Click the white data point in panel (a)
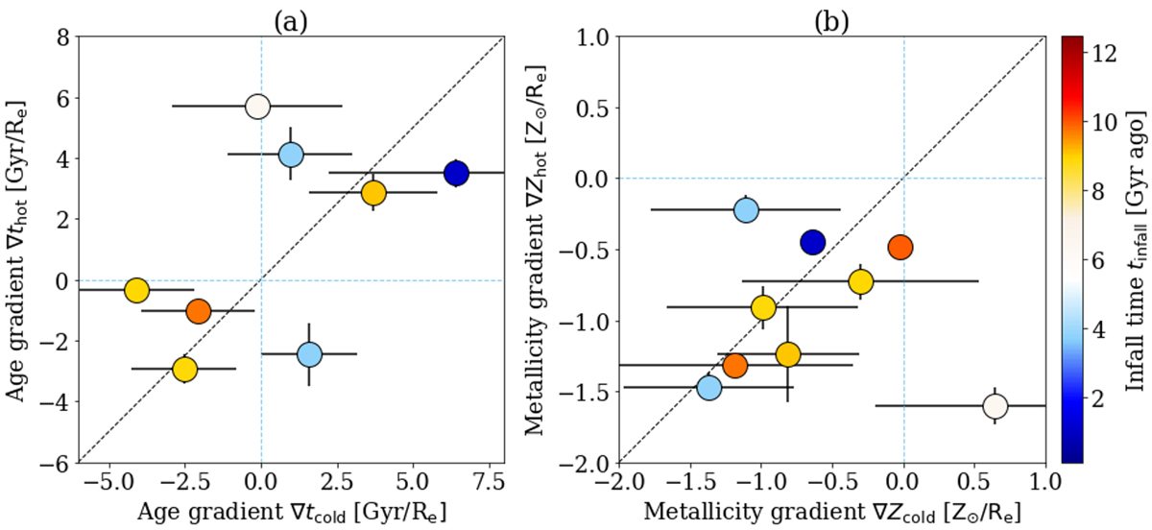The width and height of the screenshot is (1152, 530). click(257, 107)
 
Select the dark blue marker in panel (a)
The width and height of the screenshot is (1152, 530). click(456, 174)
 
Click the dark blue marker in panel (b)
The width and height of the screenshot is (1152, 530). click(813, 242)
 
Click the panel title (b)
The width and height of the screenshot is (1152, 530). click(832, 17)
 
